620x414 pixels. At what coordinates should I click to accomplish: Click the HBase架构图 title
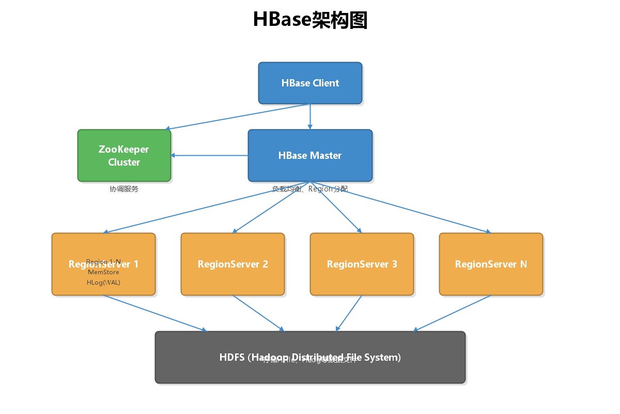point(310,20)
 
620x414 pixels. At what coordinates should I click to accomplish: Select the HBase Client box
point(310,83)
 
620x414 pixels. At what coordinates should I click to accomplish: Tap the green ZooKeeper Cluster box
point(124,155)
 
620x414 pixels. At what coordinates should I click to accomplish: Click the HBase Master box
point(310,155)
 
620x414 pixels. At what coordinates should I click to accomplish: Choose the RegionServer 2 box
point(233,264)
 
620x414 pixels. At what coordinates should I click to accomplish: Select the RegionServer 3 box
point(362,264)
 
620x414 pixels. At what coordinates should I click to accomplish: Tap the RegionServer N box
point(491,264)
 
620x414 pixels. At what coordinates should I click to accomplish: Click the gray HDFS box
point(310,370)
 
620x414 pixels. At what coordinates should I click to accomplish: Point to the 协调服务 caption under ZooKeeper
point(124,189)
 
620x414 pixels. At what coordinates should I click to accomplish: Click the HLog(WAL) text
point(103,283)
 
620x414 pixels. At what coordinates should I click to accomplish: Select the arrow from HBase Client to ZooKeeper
point(238,116)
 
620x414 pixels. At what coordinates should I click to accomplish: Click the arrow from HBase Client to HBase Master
point(310,116)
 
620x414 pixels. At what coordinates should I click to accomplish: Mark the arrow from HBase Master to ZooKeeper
point(209,155)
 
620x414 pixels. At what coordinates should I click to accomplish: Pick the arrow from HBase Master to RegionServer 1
point(207,207)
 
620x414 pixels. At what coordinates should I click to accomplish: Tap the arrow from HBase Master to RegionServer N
point(400,207)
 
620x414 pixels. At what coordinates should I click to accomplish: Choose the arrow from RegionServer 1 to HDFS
point(155,313)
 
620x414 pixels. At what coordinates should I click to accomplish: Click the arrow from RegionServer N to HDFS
point(452,313)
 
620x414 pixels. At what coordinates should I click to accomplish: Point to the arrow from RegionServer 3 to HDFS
point(349,313)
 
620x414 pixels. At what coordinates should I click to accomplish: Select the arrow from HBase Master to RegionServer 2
point(271,207)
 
